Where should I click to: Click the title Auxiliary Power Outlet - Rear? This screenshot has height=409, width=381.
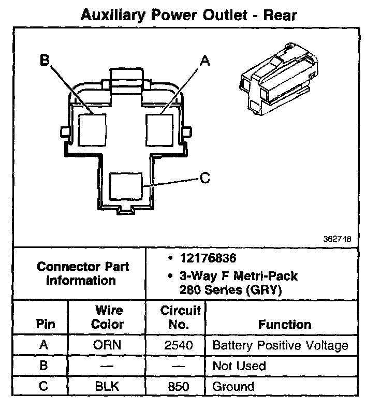tap(189, 15)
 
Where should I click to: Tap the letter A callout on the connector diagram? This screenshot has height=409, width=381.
tap(205, 61)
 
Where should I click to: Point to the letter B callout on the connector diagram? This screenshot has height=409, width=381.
tap(45, 60)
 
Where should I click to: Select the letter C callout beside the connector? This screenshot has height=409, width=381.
tap(205, 178)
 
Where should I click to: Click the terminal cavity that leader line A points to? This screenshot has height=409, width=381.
tap(159, 130)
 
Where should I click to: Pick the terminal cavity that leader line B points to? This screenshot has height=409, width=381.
tap(92, 130)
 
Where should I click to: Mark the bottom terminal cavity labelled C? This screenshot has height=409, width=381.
tap(126, 186)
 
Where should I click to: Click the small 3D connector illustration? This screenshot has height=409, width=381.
tap(279, 79)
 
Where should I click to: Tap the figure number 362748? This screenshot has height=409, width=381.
tap(337, 239)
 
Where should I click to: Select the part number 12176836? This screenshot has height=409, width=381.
tap(208, 258)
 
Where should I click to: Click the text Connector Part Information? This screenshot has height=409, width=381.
tap(82, 273)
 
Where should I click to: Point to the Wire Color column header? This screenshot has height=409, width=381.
tap(107, 317)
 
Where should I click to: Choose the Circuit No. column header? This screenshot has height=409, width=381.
tap(180, 317)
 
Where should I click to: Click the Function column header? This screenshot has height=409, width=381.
tap(285, 325)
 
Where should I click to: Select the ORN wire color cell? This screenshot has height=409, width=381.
tap(107, 345)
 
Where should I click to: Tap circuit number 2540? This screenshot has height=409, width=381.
tap(179, 345)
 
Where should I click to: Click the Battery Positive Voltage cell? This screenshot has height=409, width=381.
tap(281, 345)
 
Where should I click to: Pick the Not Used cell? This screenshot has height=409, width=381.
tap(239, 366)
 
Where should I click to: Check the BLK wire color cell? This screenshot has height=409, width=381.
tap(107, 386)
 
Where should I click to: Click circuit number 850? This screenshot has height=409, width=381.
tap(179, 386)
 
